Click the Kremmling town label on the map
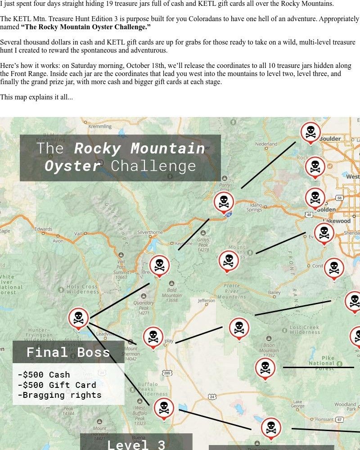100,127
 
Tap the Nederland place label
266,144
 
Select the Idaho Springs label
255,207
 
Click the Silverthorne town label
150,232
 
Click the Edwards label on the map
43,229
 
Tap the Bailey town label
274,292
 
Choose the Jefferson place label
207,301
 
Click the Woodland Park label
345,407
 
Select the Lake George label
297,404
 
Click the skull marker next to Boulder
310,132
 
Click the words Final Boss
68,352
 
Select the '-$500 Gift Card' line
57,385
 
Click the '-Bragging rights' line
59,395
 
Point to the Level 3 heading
136,445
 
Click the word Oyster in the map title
72,166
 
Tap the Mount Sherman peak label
130,354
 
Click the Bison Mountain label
269,350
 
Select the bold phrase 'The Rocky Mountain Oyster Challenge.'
86,27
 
